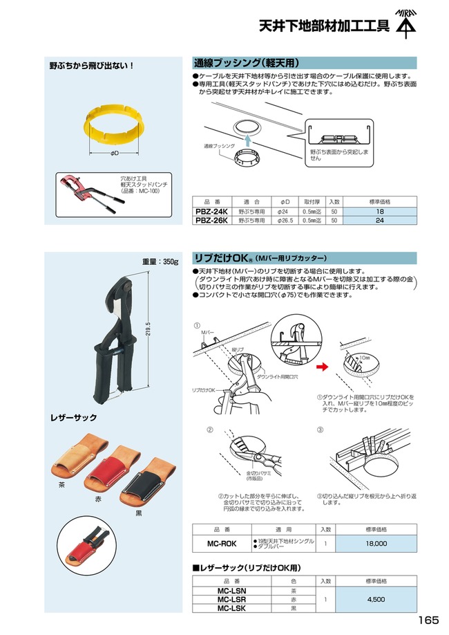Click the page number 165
coord(428,620)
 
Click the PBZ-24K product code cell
coord(211,211)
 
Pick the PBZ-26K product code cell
coord(211,220)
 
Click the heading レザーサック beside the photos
coord(74,418)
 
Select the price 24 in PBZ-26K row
coord(380,220)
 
